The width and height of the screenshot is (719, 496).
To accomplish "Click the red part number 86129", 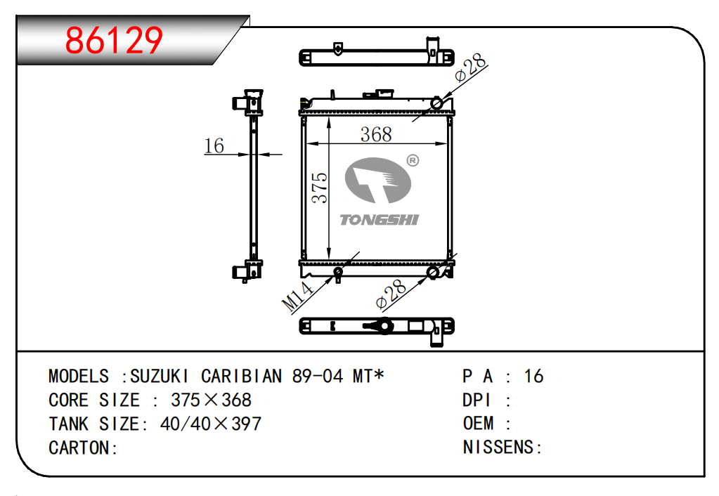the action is (x=114, y=40).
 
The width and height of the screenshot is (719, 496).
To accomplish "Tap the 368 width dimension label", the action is (x=376, y=134).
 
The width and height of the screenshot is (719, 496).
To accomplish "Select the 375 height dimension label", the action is (x=319, y=188).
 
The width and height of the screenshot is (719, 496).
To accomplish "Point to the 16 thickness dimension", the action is (x=214, y=145).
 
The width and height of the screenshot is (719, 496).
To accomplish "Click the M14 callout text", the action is (x=297, y=296).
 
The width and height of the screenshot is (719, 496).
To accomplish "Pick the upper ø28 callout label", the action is (x=470, y=67).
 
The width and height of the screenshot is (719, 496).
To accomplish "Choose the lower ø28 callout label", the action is (x=391, y=294).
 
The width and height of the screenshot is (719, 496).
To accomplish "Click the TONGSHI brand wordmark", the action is (x=380, y=220).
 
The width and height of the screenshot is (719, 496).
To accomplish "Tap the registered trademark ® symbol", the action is (x=413, y=160).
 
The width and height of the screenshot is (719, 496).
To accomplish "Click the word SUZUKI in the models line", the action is (x=159, y=377).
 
